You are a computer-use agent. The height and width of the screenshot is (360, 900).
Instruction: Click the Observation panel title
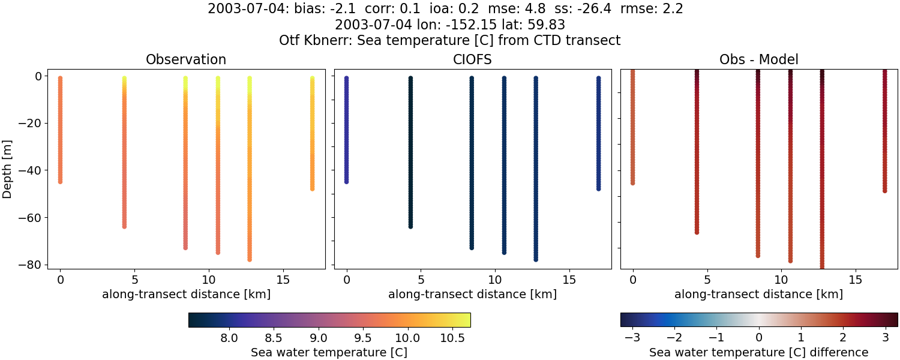pyautogui.click(x=186, y=60)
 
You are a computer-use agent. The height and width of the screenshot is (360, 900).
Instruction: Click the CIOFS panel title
pyautogui.click(x=473, y=60)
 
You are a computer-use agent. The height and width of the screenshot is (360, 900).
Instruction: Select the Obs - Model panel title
pyautogui.click(x=759, y=60)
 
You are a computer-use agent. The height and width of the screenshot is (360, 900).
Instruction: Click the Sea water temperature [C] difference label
pyautogui.click(x=759, y=352)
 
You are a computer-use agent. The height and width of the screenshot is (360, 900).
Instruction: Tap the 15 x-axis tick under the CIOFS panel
pyautogui.click(x=569, y=280)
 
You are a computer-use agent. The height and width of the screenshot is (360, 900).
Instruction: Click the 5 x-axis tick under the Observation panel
pyautogui.click(x=134, y=280)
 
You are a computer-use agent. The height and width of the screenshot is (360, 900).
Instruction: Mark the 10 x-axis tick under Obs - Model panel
pyautogui.click(x=781, y=280)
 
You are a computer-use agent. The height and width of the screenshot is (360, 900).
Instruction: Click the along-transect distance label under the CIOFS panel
pyautogui.click(x=473, y=295)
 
